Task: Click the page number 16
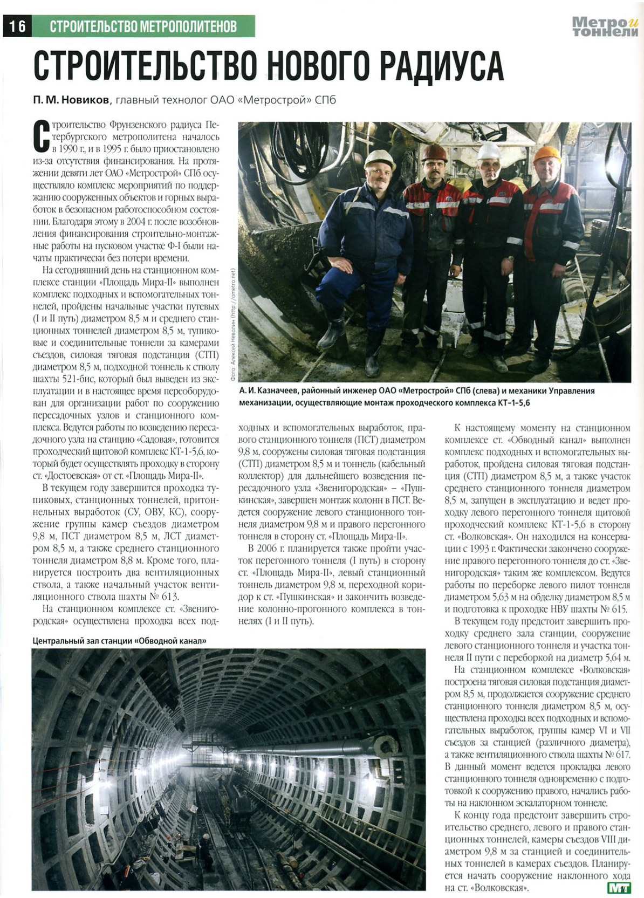(x=17, y=25)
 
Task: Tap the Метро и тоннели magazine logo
(x=605, y=26)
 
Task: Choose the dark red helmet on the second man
(x=434, y=152)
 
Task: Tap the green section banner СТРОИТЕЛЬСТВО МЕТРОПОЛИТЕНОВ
(x=143, y=26)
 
